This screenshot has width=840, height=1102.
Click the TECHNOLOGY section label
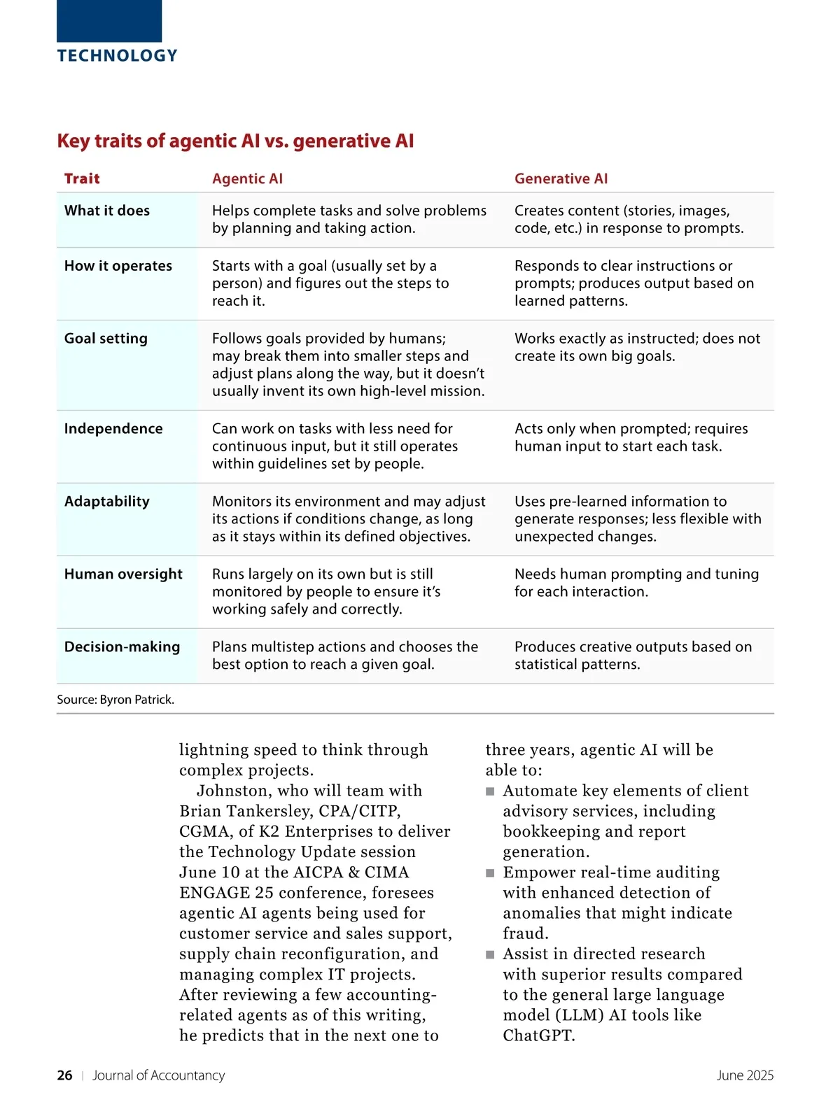point(117,56)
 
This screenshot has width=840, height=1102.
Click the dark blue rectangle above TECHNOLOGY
point(109,21)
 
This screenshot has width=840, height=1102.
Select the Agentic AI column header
point(247,178)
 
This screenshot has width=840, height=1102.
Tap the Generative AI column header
point(561,178)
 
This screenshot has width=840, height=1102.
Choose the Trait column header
point(82,178)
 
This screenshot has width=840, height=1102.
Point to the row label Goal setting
point(106,339)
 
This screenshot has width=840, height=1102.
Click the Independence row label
point(113,429)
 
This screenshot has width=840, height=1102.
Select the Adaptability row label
point(107,502)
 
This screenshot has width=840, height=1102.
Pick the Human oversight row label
point(123,574)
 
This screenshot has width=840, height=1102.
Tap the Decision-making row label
point(122,647)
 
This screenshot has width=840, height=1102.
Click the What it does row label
point(107,211)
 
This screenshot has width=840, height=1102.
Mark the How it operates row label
point(118,266)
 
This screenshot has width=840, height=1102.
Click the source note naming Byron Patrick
point(115,700)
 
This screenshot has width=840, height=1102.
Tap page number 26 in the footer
point(64,1075)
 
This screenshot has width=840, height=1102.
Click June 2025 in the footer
point(745,1075)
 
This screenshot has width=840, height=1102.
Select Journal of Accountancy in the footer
point(159,1075)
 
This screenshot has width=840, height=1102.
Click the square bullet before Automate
point(490,791)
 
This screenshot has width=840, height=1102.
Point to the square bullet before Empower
point(490,873)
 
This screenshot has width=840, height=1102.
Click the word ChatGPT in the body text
point(538,1036)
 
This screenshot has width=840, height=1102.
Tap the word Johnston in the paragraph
point(231,791)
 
